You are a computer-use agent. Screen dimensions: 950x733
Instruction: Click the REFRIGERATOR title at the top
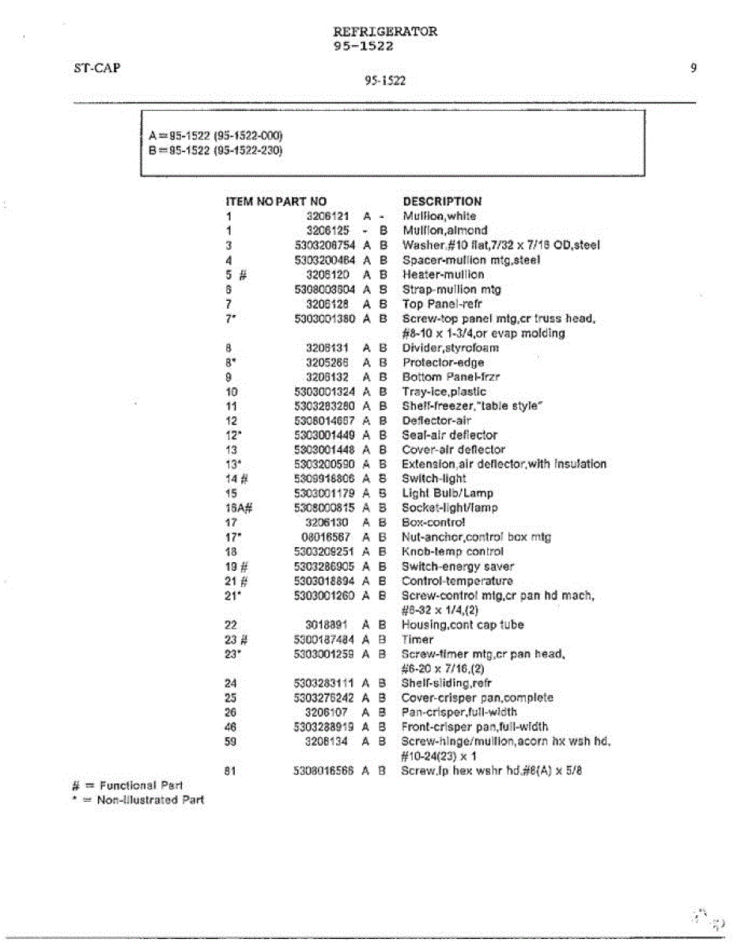[x=385, y=32]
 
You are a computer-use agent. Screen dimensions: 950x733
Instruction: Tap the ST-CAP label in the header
[x=96, y=68]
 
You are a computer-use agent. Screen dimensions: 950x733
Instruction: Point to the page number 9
[x=693, y=68]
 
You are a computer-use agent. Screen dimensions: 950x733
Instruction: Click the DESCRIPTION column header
[x=442, y=201]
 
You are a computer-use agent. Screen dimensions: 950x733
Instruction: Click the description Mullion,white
[x=440, y=216]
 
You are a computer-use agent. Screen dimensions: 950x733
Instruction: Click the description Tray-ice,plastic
[x=444, y=391]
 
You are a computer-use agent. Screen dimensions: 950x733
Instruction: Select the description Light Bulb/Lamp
[x=448, y=493]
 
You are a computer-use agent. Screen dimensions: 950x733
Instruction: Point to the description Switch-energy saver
[x=458, y=566]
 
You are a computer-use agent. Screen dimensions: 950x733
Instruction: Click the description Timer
[x=418, y=639]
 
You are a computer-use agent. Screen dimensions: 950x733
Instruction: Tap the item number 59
[x=231, y=742]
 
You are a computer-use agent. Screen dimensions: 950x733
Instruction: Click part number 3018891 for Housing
[x=327, y=625]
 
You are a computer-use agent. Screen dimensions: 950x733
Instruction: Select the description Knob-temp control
[x=453, y=552]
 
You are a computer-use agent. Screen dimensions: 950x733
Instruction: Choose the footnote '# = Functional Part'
[x=127, y=785]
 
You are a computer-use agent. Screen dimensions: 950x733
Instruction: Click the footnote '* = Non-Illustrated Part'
[x=138, y=800]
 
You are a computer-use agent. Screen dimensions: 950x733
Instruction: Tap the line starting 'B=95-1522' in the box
[x=215, y=150]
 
